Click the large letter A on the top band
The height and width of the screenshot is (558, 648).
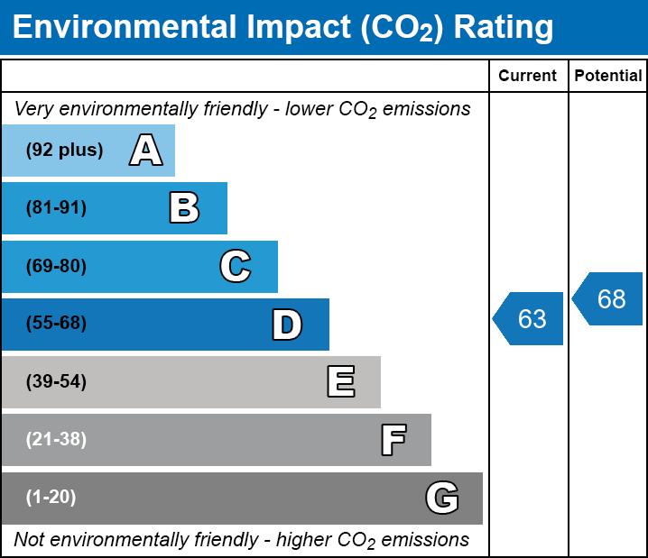(x=145, y=151)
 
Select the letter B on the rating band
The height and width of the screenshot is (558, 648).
(x=184, y=208)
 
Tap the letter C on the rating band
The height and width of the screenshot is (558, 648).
(x=236, y=266)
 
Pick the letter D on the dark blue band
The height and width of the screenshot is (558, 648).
(x=287, y=325)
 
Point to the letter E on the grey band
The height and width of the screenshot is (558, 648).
(x=340, y=382)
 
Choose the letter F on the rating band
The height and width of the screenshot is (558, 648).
(x=393, y=440)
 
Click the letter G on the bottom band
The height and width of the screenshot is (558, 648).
(x=442, y=498)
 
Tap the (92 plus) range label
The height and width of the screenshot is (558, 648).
(x=64, y=151)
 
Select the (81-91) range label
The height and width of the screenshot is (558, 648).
(x=56, y=208)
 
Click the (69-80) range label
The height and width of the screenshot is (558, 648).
(x=56, y=266)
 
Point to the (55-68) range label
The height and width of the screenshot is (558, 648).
(x=56, y=324)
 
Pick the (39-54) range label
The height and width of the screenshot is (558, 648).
(x=56, y=382)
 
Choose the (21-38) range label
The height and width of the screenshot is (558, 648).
(x=56, y=440)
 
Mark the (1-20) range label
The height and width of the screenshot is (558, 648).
(x=51, y=498)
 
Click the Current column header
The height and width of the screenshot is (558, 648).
(x=528, y=77)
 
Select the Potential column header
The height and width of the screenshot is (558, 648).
(x=608, y=77)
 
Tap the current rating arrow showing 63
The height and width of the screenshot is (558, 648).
(x=530, y=318)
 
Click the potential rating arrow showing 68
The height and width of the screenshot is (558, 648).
(x=609, y=298)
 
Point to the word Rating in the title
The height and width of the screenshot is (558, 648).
(x=503, y=28)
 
